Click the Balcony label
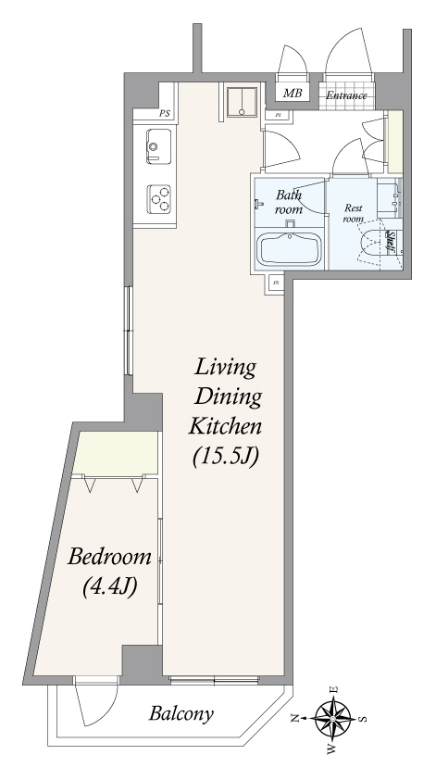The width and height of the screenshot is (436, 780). pos(181,714)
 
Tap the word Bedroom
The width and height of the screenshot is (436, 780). pos(109,556)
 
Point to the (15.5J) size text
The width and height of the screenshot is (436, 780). pos(226,457)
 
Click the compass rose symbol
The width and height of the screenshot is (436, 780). pos(333,718)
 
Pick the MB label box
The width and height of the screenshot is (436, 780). pos(293,93)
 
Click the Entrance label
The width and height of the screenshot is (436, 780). pos(346,95)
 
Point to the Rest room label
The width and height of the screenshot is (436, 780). pos(353,213)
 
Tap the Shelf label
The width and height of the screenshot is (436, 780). pos(392,244)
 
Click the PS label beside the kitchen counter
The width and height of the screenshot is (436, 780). pos(165,113)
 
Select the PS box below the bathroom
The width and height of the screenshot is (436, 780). pos(276,283)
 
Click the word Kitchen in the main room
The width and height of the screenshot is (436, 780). pos(225,427)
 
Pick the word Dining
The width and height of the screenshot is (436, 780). pos(228,397)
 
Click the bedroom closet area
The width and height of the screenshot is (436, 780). pos(116,452)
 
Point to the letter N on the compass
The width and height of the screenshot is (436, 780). pos(294,718)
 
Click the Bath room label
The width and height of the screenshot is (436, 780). pos(289,201)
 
